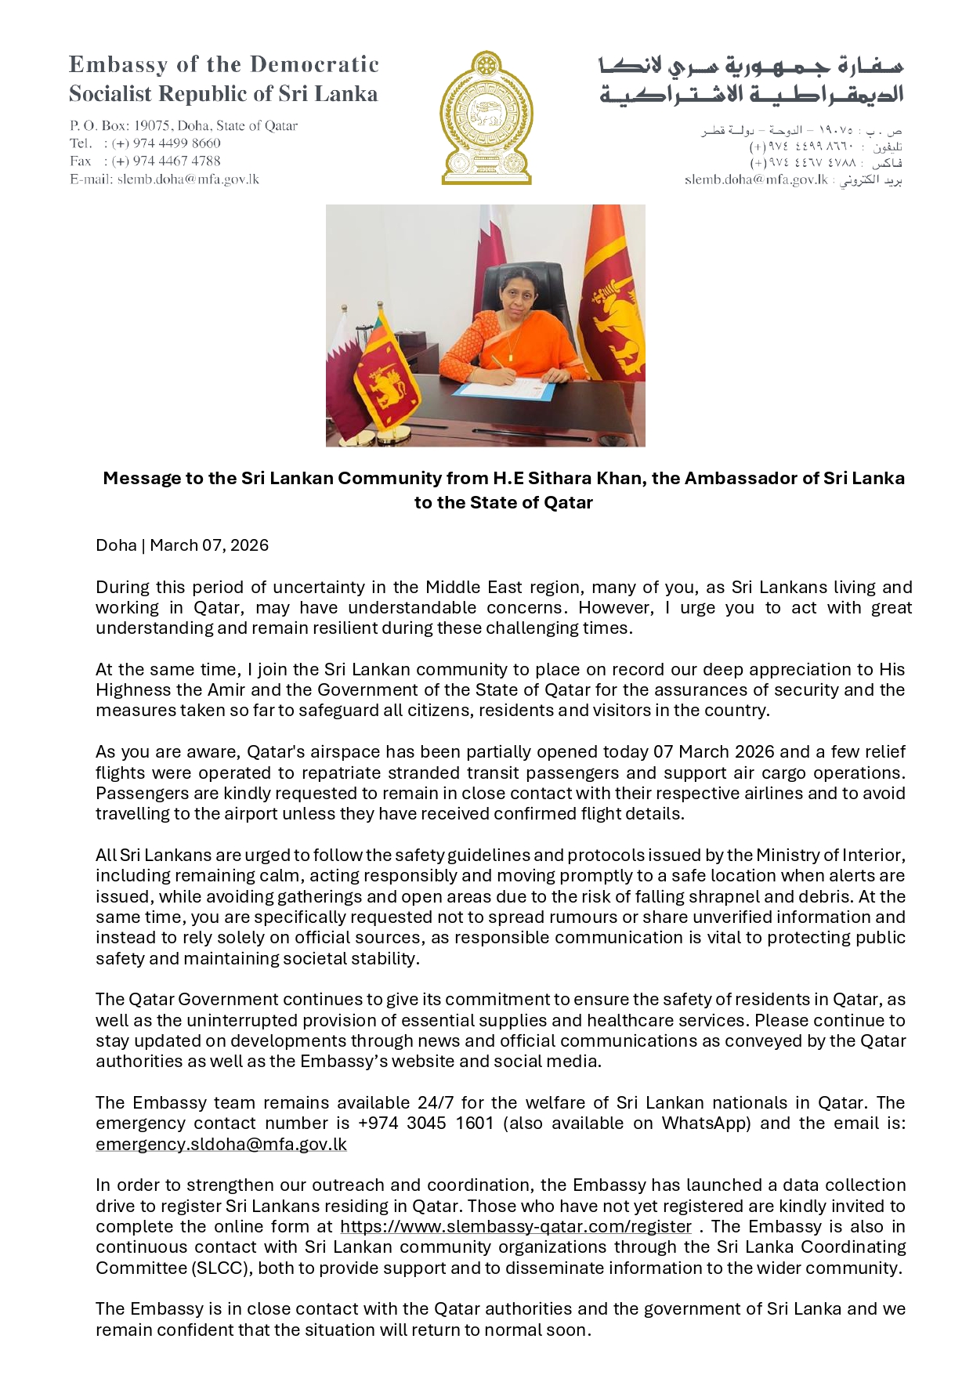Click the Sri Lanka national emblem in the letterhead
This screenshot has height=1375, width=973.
pyautogui.click(x=486, y=118)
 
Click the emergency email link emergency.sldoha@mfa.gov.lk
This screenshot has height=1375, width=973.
pyautogui.click(x=221, y=1144)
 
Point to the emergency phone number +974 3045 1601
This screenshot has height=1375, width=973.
pyautogui.click(x=425, y=1123)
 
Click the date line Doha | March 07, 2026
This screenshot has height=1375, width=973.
pyautogui.click(x=182, y=545)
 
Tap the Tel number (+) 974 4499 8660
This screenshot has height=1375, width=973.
pyautogui.click(x=166, y=143)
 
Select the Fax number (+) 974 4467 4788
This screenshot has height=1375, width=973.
pyautogui.click(x=166, y=161)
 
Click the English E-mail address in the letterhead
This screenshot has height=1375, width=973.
pyautogui.click(x=188, y=179)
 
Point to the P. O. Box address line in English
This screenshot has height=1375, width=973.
pyautogui.click(x=183, y=125)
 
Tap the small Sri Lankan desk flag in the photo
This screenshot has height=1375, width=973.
pyautogui.click(x=382, y=372)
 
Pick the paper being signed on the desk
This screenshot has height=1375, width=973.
pyautogui.click(x=505, y=388)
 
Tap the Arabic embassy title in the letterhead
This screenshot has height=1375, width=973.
pyautogui.click(x=751, y=80)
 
